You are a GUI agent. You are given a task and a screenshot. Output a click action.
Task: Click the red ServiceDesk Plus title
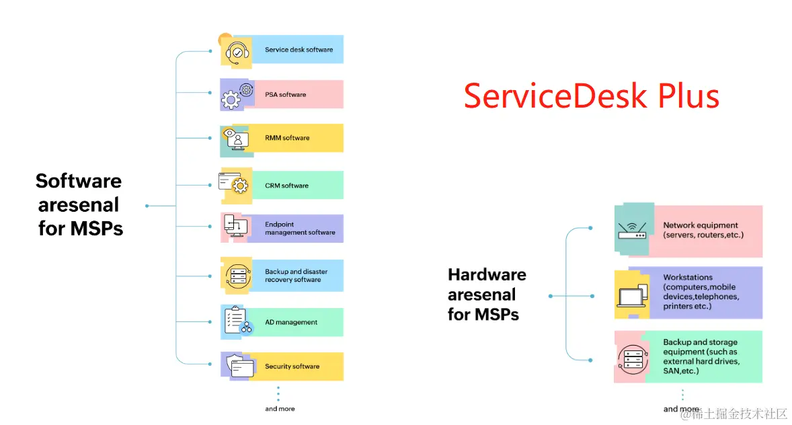click(x=591, y=96)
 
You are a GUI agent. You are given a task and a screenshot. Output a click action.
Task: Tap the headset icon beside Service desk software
click(x=237, y=52)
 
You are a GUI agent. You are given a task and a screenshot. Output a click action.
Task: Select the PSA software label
click(x=285, y=95)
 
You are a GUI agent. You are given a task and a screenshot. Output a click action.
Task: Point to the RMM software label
click(x=287, y=138)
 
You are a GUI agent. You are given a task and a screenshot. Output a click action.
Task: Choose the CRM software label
click(x=286, y=186)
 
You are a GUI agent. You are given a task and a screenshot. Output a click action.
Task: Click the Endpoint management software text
click(x=299, y=229)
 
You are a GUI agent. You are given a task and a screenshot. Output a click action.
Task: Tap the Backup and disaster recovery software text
click(x=296, y=276)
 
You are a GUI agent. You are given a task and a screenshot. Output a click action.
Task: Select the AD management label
click(x=290, y=322)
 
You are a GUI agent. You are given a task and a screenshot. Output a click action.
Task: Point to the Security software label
click(x=292, y=366)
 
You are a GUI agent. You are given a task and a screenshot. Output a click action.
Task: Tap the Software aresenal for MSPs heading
click(x=79, y=204)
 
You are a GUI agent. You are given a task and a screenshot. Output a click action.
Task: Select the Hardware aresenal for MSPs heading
click(x=487, y=295)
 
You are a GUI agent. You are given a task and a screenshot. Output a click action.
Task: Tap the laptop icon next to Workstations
click(x=631, y=295)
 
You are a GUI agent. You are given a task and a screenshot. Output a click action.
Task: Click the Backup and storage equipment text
click(x=701, y=356)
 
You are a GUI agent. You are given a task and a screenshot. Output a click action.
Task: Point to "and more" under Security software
click(x=280, y=409)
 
